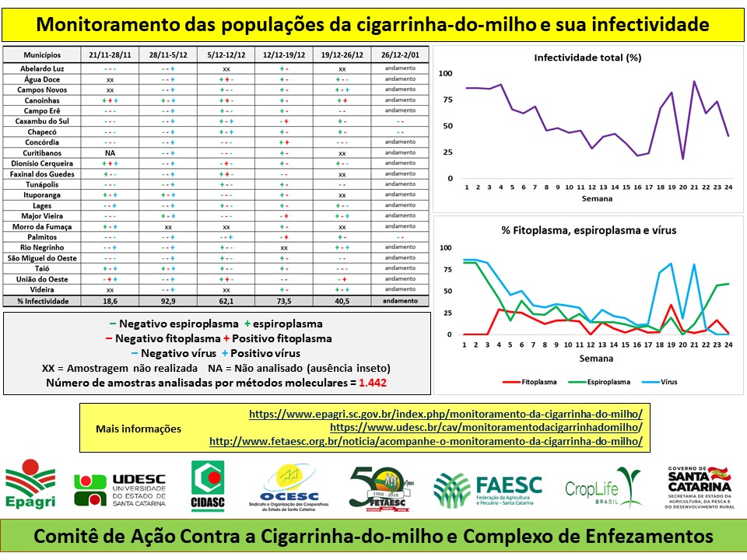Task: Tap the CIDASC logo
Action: click(x=209, y=487)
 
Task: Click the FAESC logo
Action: click(x=489, y=489)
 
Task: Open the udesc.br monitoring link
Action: click(x=486, y=428)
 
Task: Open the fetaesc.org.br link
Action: click(x=426, y=441)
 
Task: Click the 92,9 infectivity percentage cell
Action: click(x=168, y=301)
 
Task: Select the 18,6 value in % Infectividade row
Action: click(x=110, y=301)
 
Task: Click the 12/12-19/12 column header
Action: click(x=284, y=55)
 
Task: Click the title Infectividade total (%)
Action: click(x=587, y=58)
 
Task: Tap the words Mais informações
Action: click(x=139, y=429)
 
